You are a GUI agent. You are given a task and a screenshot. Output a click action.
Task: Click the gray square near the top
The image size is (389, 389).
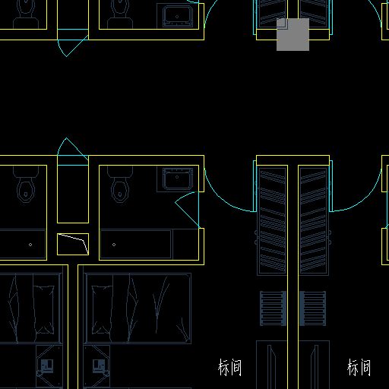pos(293,34)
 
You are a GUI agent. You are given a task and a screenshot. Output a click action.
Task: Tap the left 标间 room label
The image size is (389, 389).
pos(229,367)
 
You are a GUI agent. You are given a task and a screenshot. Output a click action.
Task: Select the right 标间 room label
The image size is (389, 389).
pos(359,367)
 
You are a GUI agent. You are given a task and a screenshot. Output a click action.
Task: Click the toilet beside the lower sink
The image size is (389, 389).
pos(120,185)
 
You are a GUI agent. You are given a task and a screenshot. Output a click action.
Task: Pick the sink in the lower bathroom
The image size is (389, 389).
pos(178,179)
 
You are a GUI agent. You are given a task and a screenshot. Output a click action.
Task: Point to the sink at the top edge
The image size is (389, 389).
pos(178,15)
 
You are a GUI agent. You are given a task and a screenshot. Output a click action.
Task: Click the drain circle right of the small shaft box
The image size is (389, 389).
pos(114,245)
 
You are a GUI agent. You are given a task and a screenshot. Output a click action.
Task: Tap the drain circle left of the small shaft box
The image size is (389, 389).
pos(30,245)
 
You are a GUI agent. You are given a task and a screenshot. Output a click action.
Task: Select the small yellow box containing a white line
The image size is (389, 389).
pos(73,244)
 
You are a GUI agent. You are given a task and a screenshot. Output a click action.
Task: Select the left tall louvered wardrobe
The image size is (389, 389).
pos(272,220)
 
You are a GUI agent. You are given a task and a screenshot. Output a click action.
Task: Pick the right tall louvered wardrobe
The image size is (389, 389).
pos(314,220)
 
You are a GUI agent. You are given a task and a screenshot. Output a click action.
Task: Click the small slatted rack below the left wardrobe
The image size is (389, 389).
pos(273,308)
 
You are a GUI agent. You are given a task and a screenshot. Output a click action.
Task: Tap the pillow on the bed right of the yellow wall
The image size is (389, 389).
pos(102,309)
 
